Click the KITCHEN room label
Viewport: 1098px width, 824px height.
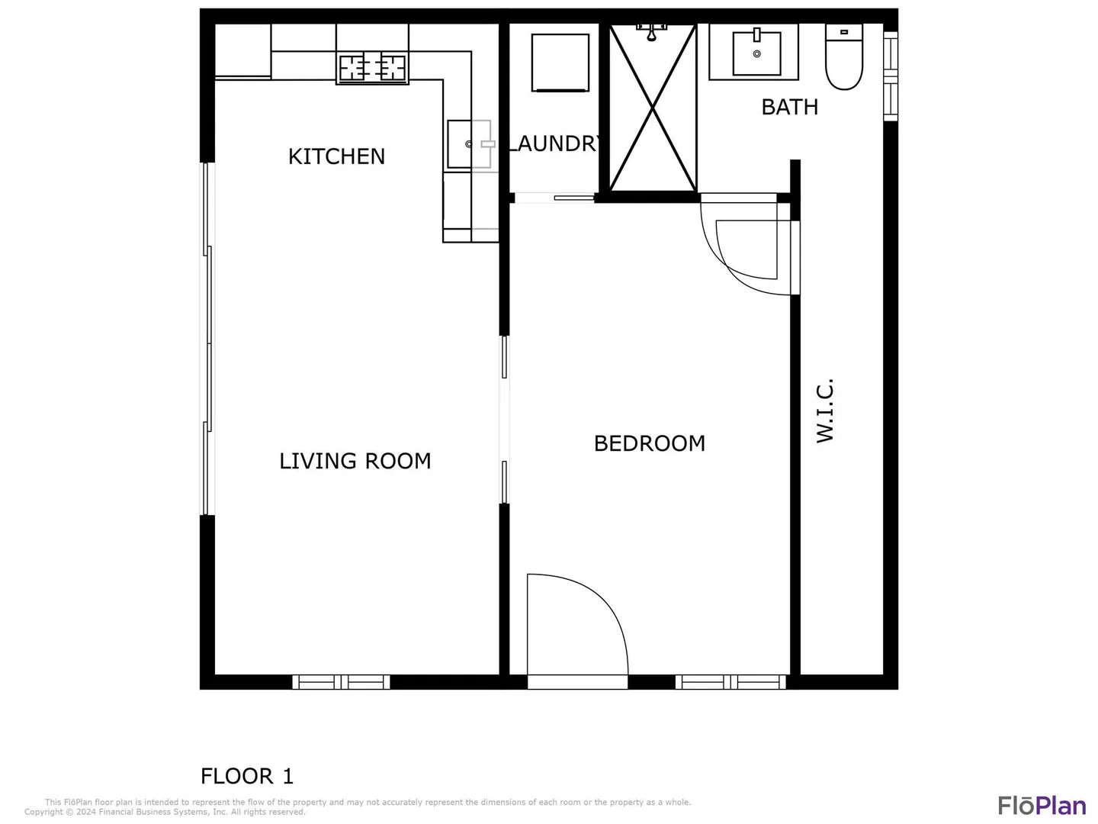(336, 156)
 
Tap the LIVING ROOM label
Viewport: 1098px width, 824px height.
(355, 461)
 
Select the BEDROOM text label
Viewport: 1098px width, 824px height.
(650, 443)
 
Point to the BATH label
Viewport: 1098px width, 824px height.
(789, 107)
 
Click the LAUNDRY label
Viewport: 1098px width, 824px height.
(554, 143)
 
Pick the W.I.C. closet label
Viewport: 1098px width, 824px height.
(825, 410)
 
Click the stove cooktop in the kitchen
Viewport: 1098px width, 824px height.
(372, 67)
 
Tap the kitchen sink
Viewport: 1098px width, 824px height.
(469, 144)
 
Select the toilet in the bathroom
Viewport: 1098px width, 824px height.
(844, 57)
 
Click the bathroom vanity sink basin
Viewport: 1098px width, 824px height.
(756, 53)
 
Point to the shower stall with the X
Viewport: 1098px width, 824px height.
(653, 108)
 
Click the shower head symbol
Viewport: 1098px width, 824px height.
(651, 32)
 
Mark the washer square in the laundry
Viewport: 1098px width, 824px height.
(560, 63)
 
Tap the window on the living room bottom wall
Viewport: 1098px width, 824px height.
(341, 682)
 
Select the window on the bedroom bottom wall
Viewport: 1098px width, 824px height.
(730, 682)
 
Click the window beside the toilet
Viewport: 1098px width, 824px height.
(891, 76)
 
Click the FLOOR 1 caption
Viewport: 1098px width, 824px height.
(246, 776)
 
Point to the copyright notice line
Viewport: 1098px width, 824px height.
(165, 812)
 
